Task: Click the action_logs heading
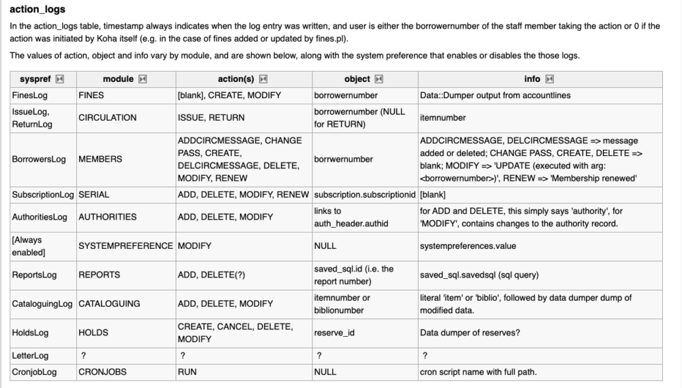pos(38,9)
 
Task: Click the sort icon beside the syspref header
pos(59,80)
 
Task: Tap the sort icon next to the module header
pos(142,80)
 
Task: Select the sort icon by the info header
pos(550,80)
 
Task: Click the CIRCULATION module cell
pos(107,117)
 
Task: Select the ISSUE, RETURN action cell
pos(211,117)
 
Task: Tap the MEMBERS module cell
pos(100,159)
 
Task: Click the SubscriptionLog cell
pos(42,194)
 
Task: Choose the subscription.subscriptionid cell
pos(365,194)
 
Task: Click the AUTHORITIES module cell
pos(107,217)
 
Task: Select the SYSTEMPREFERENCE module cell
pos(125,245)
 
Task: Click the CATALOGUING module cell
pos(109,303)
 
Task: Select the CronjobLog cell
pos(34,372)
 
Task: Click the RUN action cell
pos(187,372)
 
